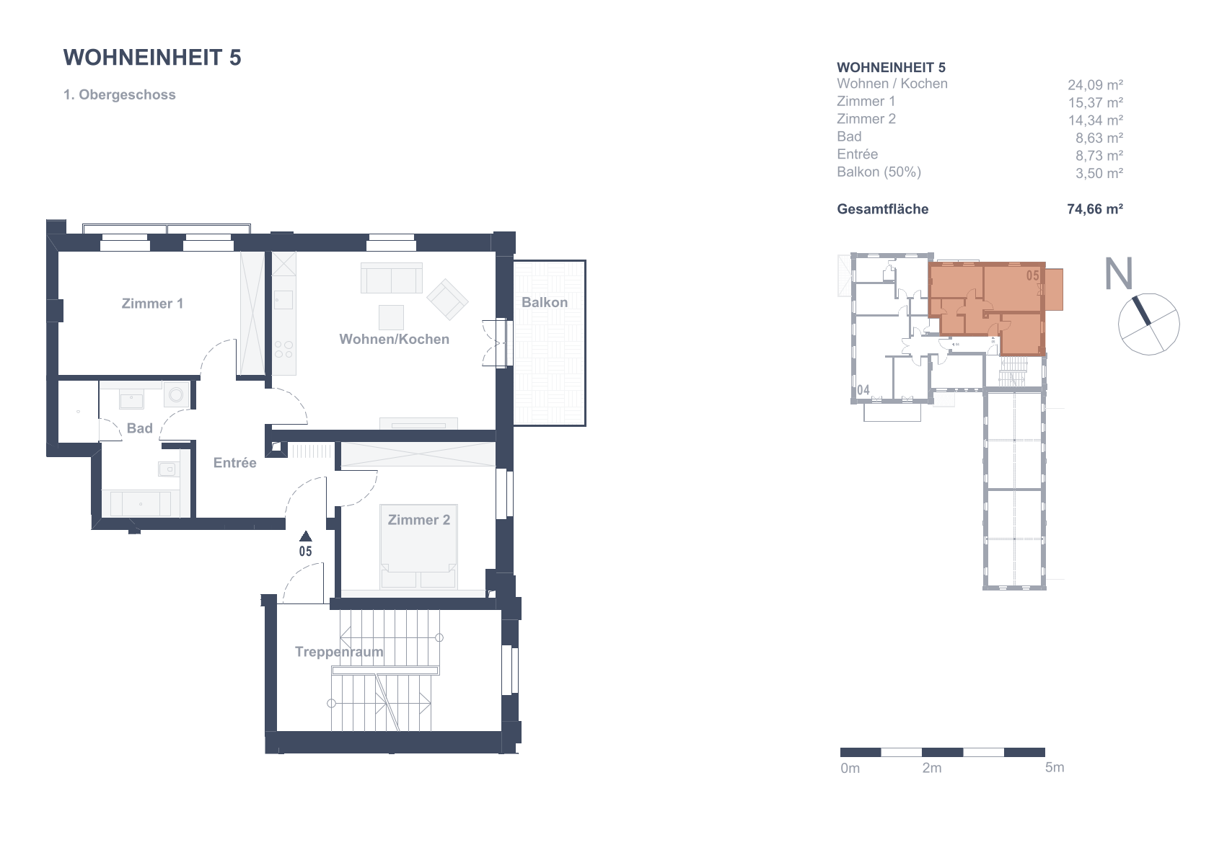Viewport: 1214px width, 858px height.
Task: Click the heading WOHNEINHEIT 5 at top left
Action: click(x=152, y=58)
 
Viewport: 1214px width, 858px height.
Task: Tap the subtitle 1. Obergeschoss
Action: click(x=120, y=94)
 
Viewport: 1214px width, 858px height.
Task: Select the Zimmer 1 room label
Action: click(x=152, y=304)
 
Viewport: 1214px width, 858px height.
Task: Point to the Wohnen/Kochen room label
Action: click(x=394, y=339)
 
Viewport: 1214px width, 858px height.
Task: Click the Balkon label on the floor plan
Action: click(x=545, y=302)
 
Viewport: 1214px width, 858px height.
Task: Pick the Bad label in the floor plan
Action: click(x=139, y=428)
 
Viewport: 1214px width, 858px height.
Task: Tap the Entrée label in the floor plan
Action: click(x=234, y=463)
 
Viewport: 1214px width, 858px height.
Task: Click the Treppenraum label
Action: click(x=339, y=652)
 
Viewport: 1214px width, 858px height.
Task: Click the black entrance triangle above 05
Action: click(x=306, y=536)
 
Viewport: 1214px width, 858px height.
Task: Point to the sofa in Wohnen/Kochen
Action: click(x=391, y=278)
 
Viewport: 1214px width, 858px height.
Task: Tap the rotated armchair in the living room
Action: click(x=447, y=299)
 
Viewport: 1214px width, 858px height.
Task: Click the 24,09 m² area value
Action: click(x=1095, y=85)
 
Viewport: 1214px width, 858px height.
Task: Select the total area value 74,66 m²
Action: click(x=1095, y=209)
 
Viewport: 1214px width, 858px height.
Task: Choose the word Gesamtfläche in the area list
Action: click(x=882, y=209)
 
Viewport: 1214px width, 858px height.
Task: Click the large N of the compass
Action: click(x=1119, y=273)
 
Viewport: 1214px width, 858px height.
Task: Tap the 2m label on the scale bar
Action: click(x=932, y=768)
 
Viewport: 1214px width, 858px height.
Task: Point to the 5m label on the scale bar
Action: click(x=1055, y=768)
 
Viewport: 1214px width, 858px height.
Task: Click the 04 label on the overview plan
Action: click(x=863, y=390)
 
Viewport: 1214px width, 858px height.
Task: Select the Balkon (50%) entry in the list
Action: click(x=879, y=172)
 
